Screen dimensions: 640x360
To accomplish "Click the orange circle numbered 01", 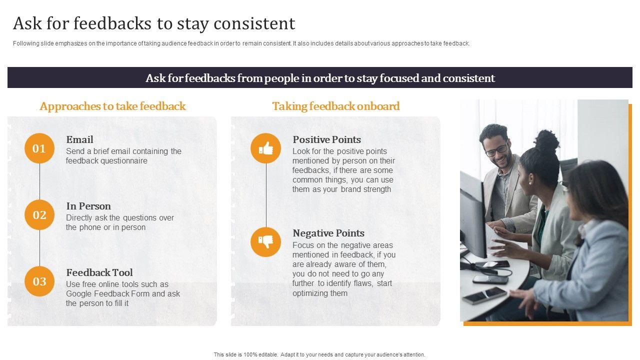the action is coord(39,148).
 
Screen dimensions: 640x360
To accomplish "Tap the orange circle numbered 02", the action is coord(39,215).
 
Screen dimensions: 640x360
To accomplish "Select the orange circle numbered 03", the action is coord(39,281).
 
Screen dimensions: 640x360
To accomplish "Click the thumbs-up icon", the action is coord(266,148).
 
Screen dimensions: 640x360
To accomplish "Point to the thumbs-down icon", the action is coord(266,241).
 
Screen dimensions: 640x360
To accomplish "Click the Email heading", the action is coord(79,139).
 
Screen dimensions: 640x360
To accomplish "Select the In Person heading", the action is coord(88,206).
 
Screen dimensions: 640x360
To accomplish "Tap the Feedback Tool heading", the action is coord(99,272).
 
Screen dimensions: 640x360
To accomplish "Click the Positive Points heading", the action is coord(327,139).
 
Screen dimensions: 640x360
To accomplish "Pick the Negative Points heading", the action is coord(328,233).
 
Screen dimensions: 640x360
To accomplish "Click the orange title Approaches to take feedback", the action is coord(113,106).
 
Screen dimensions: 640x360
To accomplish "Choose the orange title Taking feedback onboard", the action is coord(336,106).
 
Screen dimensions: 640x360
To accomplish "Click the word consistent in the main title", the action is coord(254,23).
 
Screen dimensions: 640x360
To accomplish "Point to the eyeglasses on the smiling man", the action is coord(496,149).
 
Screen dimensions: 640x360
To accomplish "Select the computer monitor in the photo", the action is coord(472,217).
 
